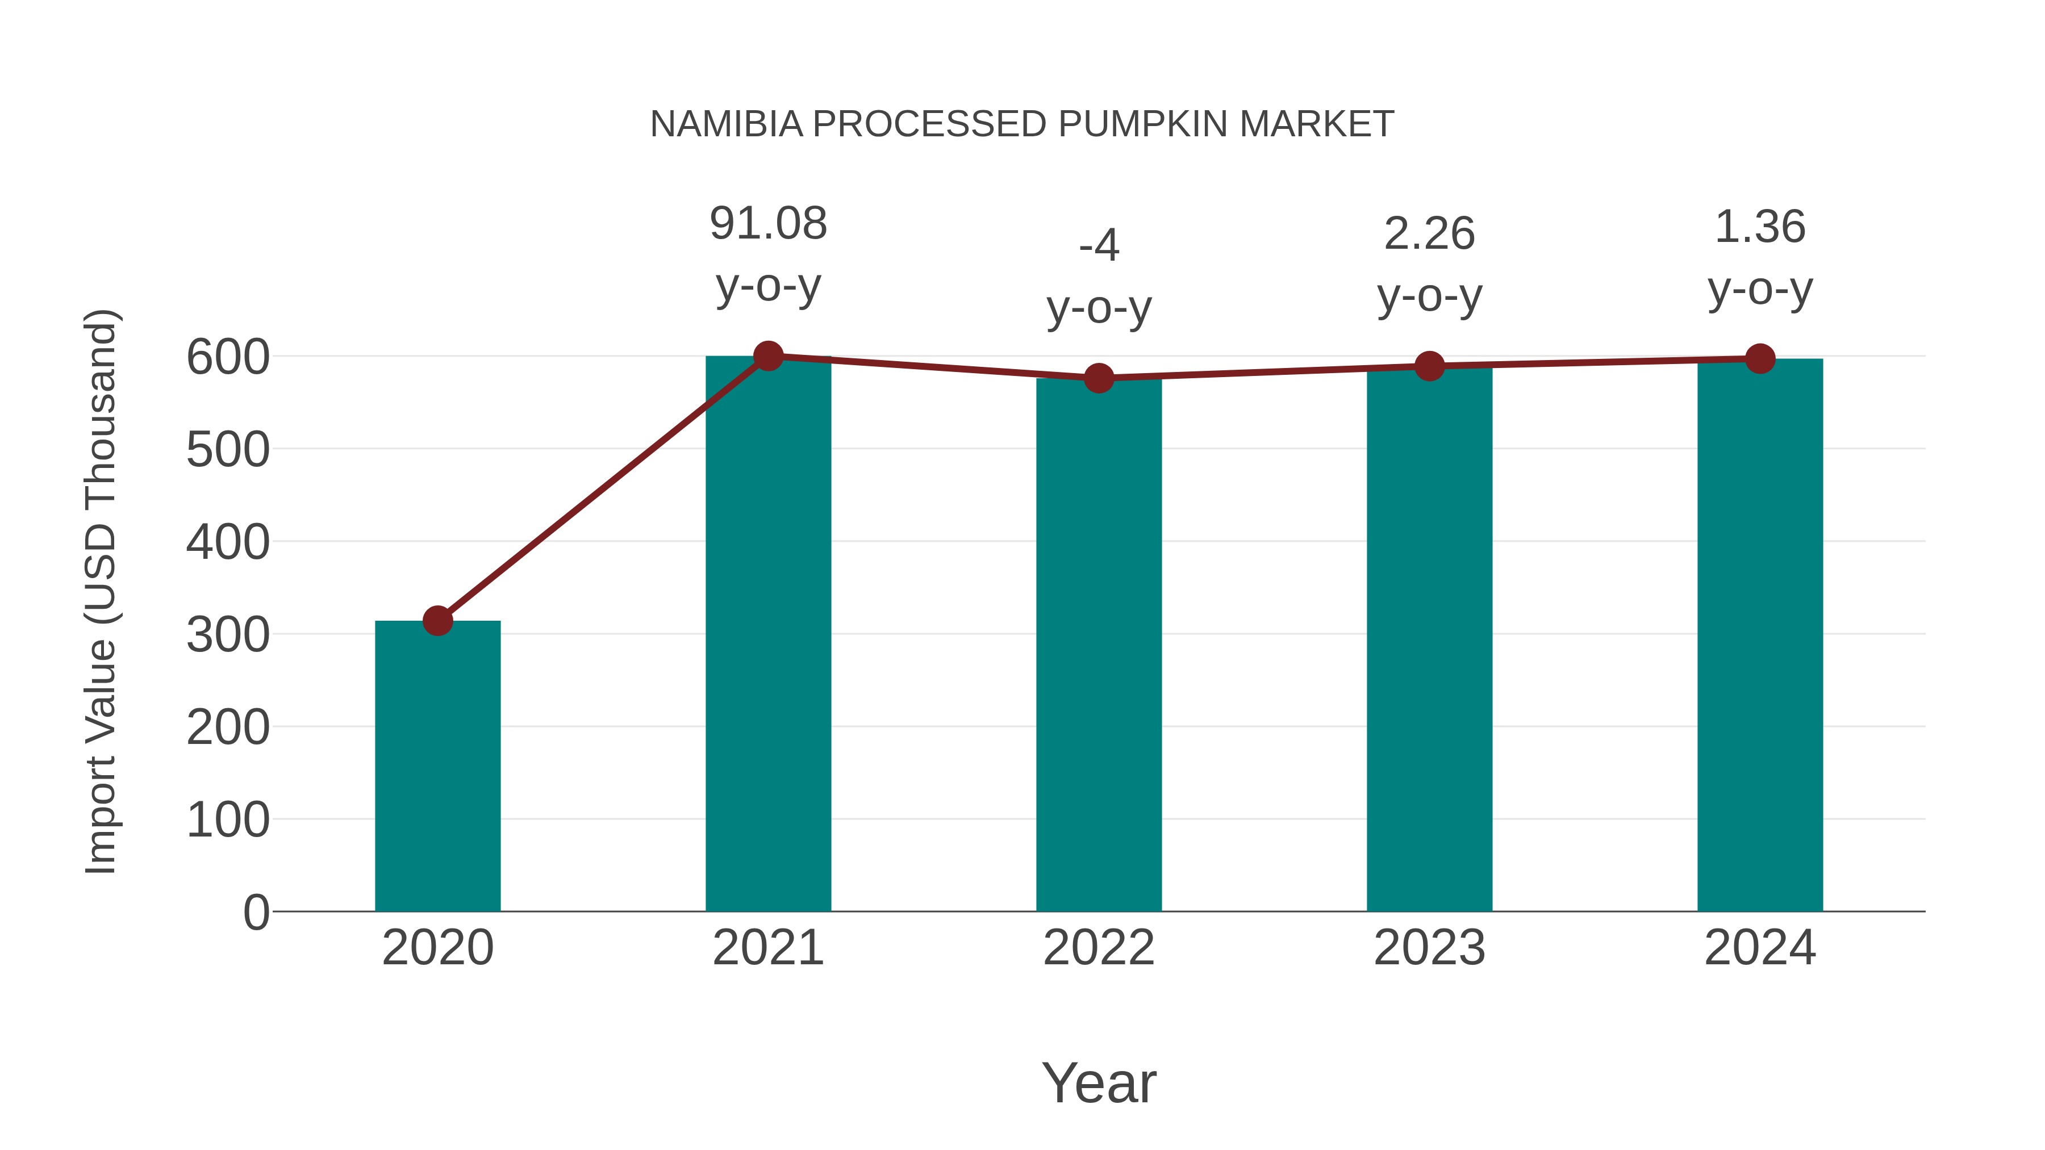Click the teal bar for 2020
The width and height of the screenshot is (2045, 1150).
437,766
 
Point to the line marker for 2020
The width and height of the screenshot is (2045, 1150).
437,621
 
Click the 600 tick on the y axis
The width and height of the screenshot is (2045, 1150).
228,357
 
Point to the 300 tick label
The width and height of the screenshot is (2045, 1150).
228,635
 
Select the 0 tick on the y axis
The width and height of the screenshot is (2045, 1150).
256,912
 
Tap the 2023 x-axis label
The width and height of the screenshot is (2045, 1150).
1429,948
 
